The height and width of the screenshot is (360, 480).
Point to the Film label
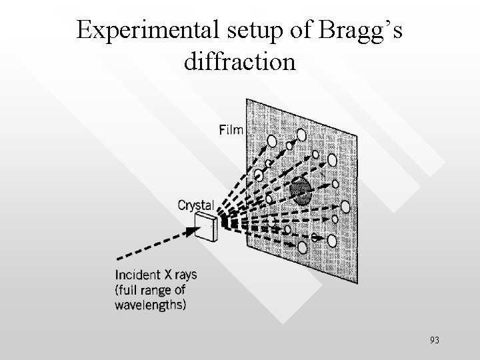[232, 130]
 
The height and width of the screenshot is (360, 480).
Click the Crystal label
[197, 205]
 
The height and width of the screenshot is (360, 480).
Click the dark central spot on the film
[301, 191]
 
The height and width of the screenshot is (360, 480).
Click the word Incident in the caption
[137, 275]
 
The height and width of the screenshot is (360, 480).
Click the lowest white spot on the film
[302, 247]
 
